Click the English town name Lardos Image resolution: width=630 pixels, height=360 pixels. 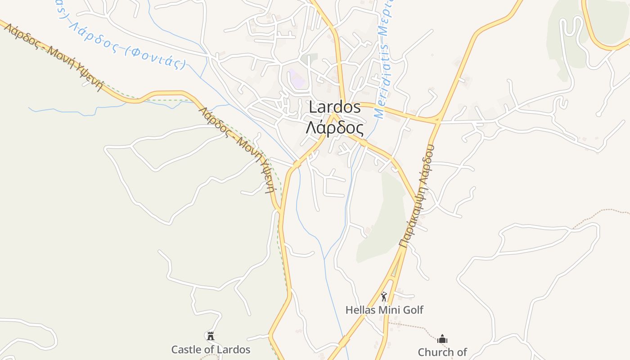[x=335, y=107]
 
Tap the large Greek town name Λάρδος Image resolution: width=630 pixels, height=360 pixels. [x=334, y=128]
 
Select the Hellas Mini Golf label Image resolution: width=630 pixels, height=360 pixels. [x=384, y=310]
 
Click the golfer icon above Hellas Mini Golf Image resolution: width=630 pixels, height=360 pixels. [x=384, y=297]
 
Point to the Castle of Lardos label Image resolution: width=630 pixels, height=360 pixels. [x=211, y=349]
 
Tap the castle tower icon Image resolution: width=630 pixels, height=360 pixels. [x=211, y=336]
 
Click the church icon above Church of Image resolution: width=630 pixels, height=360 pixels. [x=442, y=339]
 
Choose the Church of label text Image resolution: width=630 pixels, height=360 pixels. [x=442, y=351]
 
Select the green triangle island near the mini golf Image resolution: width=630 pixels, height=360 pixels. [x=395, y=270]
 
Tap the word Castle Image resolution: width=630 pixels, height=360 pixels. [x=186, y=349]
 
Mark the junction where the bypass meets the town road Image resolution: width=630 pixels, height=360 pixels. [x=437, y=121]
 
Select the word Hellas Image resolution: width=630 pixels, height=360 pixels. [x=360, y=310]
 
